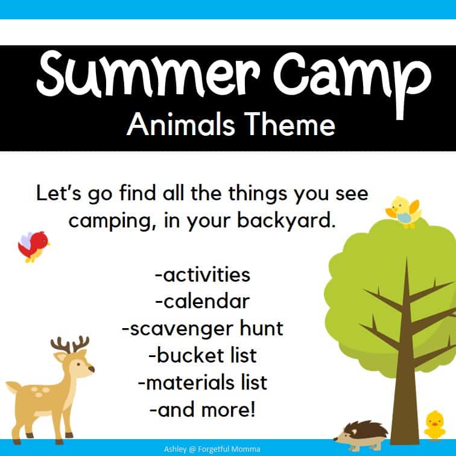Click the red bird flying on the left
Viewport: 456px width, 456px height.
33,245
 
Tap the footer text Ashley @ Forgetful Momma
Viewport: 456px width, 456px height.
227,448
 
